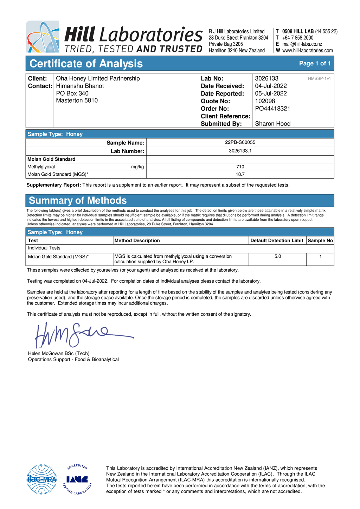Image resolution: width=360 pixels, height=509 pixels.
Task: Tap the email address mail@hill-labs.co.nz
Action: [302, 44]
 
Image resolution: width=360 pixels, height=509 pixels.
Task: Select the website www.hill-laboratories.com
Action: [307, 50]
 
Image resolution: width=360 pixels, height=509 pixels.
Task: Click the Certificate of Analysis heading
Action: [86, 64]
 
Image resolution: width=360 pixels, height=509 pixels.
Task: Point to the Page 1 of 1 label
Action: [315, 63]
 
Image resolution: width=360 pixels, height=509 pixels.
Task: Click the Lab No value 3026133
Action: [266, 78]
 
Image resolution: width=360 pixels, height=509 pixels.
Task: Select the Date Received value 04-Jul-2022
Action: [271, 86]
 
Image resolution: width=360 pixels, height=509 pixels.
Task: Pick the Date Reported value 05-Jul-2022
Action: [271, 94]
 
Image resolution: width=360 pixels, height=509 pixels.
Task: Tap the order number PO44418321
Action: [272, 109]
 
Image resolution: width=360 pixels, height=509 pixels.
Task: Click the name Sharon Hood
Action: [272, 124]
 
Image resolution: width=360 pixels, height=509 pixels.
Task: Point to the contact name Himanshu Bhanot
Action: [80, 86]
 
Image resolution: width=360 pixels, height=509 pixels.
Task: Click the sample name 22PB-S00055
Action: [240, 142]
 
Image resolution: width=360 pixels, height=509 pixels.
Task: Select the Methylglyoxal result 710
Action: [240, 167]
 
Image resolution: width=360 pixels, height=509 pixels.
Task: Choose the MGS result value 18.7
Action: [240, 174]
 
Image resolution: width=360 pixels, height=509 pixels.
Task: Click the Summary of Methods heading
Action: [78, 200]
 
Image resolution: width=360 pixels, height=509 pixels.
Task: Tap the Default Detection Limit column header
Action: [277, 240]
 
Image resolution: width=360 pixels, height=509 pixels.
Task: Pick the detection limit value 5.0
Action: [277, 257]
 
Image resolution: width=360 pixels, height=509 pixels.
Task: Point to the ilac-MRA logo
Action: [42, 479]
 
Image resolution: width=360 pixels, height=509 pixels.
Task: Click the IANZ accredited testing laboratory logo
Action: [77, 479]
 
